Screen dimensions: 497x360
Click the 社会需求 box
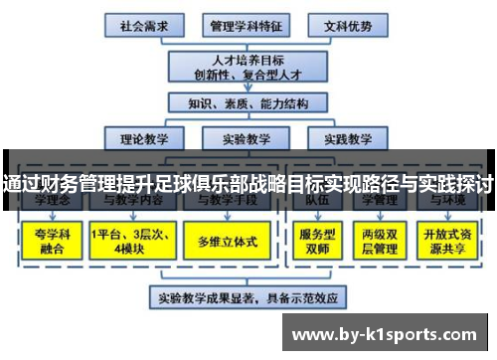click(x=143, y=25)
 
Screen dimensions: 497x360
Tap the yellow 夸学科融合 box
click(x=50, y=241)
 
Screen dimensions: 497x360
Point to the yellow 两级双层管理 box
click(x=378, y=241)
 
